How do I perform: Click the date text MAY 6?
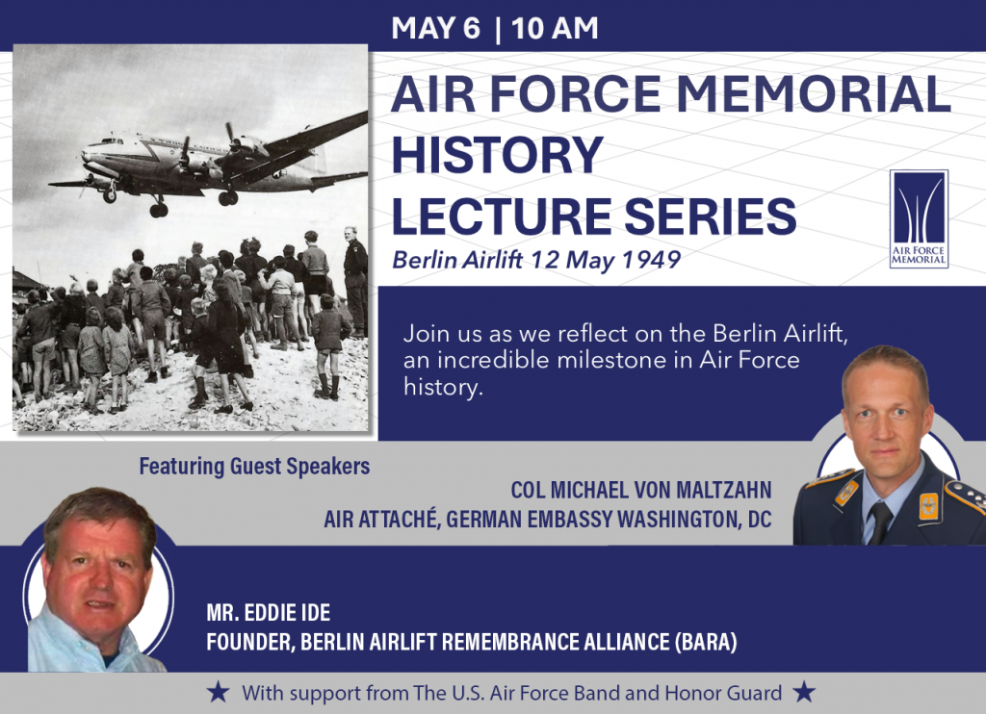[435, 28]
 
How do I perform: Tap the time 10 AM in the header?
[556, 28]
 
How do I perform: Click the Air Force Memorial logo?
[919, 218]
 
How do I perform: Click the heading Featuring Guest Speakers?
[254, 468]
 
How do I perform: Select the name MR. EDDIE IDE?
[269, 613]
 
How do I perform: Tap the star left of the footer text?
[219, 692]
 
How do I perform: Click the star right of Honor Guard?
[804, 692]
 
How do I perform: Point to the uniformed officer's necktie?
[878, 521]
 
